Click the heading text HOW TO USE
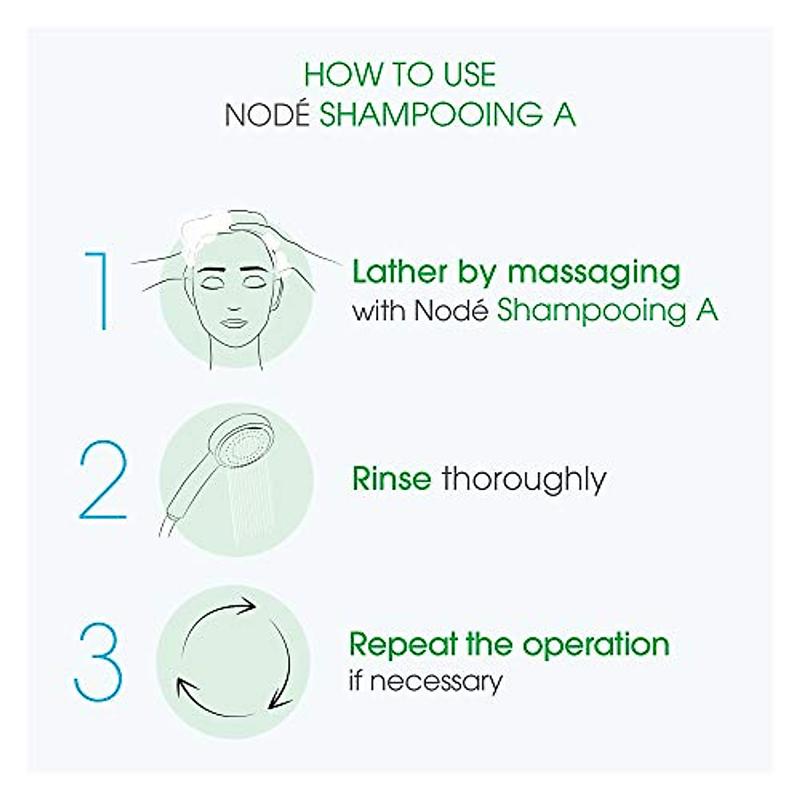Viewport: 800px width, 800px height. [x=400, y=75]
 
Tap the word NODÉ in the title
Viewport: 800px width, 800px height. [x=267, y=115]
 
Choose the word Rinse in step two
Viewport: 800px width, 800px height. [x=391, y=479]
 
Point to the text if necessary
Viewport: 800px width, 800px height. [x=425, y=681]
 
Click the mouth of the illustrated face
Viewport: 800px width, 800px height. [x=234, y=322]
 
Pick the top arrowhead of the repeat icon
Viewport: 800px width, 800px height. [x=248, y=606]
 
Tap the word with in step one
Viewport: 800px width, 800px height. [x=379, y=311]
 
